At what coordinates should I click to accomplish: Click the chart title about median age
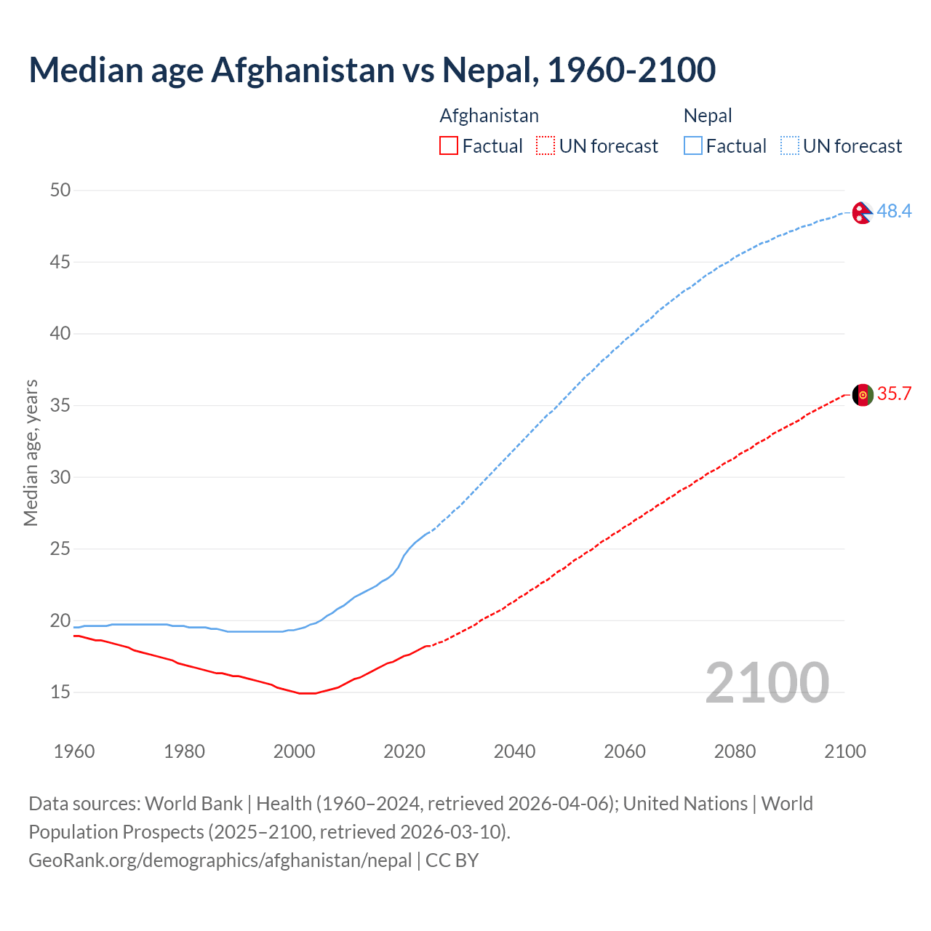[x=372, y=70]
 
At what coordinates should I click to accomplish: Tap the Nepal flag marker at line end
[x=862, y=212]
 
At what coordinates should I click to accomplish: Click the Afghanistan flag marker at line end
[x=862, y=395]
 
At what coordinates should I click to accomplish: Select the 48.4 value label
[x=894, y=211]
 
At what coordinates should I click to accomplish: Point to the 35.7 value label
[x=894, y=393]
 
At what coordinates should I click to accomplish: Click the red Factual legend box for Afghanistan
[x=449, y=145]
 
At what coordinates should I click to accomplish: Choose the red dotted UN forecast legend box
[x=546, y=145]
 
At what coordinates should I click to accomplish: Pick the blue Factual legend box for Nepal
[x=692, y=145]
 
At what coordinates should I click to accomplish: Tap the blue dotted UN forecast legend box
[x=789, y=145]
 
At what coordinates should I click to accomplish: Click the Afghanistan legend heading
[x=489, y=116]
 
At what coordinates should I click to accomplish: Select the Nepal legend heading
[x=707, y=116]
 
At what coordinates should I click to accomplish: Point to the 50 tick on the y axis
[x=60, y=190]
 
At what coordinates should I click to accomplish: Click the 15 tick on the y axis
[x=60, y=692]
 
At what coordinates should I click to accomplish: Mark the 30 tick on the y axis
[x=60, y=477]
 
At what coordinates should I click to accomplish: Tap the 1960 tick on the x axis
[x=74, y=751]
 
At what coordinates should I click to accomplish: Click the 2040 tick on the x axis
[x=514, y=751]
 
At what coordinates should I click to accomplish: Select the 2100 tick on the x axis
[x=844, y=751]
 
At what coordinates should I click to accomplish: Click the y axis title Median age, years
[x=31, y=452]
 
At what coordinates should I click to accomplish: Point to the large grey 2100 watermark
[x=767, y=682]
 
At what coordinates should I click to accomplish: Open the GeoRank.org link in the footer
[x=220, y=860]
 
